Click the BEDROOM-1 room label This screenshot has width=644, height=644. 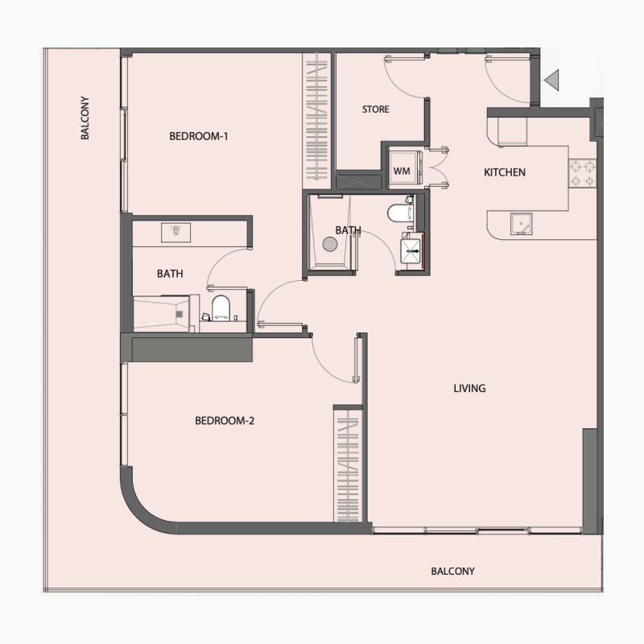[199, 136]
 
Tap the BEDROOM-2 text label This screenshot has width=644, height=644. [225, 420]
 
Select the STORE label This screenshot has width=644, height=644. [375, 109]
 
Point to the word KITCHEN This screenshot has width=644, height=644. [504, 172]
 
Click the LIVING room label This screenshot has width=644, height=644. [469, 389]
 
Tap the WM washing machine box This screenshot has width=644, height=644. [401, 171]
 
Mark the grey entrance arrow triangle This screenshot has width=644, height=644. [552, 80]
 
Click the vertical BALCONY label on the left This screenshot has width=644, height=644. [85, 119]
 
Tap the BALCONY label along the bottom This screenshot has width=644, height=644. [452, 572]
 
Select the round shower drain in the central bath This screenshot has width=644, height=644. [328, 244]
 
